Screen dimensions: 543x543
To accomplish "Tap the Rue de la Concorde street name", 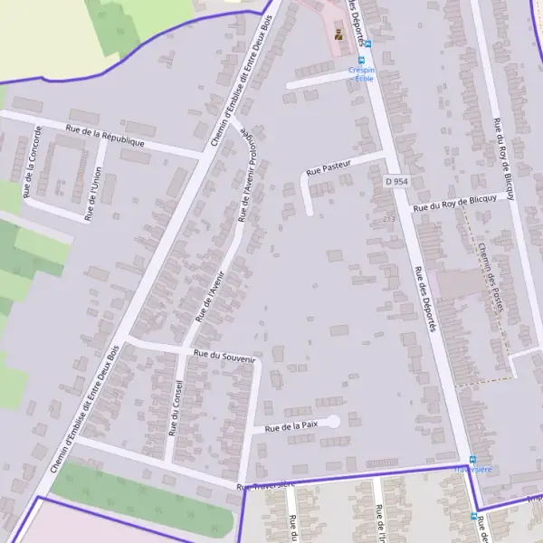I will pyautogui.click(x=33, y=162).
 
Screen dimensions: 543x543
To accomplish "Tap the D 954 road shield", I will pyautogui.click(x=397, y=182).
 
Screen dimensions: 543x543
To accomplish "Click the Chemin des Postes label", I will pyautogui.click(x=490, y=276).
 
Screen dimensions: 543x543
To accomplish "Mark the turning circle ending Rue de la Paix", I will pyautogui.click(x=333, y=421).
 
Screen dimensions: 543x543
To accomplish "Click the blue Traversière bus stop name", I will pyautogui.click(x=472, y=470).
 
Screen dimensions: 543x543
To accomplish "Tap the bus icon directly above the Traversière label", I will pyautogui.click(x=472, y=460).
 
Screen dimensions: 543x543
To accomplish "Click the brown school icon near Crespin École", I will pyautogui.click(x=338, y=35).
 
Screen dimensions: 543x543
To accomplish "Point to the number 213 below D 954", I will pyautogui.click(x=389, y=219).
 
